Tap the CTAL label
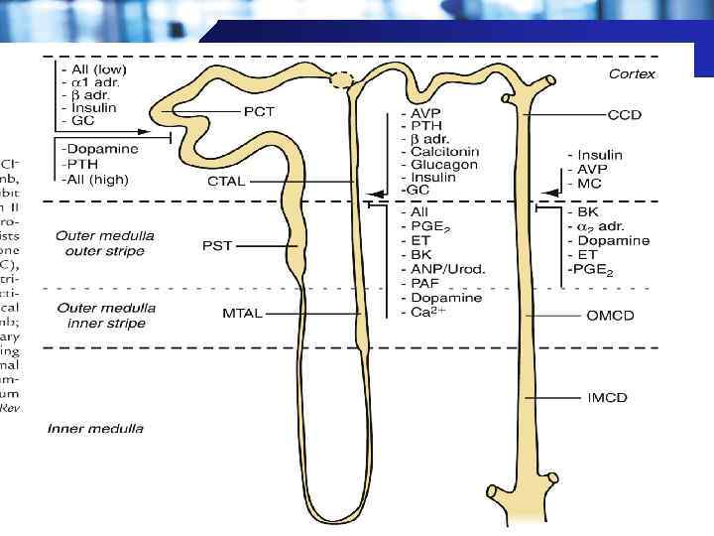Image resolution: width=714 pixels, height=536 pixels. pos(227,182)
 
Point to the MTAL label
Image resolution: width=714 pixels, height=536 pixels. pos(242,314)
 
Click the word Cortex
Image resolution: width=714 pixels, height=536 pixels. pos(633,73)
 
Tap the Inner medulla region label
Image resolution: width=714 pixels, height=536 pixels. pos(95,429)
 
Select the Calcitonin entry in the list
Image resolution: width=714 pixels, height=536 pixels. pos(440,152)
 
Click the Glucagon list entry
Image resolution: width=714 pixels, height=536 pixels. pos(437,165)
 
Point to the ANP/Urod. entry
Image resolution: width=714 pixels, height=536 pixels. pos(443,269)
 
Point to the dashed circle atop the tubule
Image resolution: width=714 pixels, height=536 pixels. pos(342,80)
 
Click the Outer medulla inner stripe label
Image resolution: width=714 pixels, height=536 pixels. pos(101,316)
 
